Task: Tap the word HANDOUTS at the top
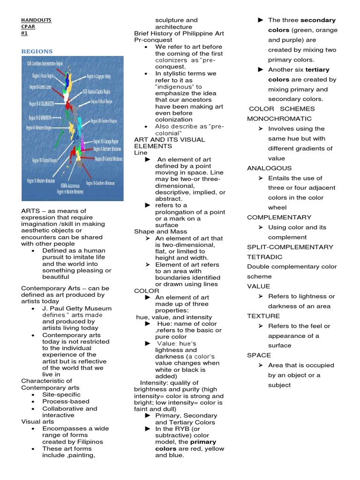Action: [37, 20]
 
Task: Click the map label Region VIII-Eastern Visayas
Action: [106, 120]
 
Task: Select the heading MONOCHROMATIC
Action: [279, 119]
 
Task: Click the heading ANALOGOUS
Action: [269, 168]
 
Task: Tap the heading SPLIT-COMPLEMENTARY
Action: [290, 247]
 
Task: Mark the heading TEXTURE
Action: [263, 316]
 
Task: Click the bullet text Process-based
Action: [66, 401]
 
